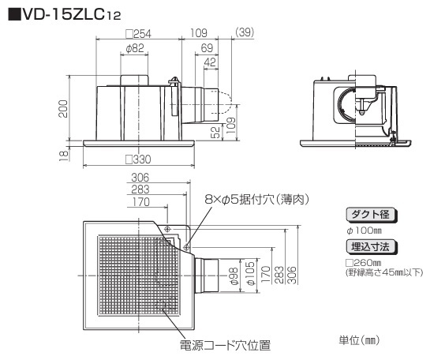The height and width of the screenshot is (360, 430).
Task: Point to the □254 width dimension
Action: (x=138, y=34)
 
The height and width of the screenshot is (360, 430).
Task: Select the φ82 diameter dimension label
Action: (x=135, y=49)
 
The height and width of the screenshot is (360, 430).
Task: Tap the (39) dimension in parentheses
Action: (x=245, y=32)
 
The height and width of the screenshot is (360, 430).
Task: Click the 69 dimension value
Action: (x=207, y=48)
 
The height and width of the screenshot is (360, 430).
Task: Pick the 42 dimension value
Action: (x=210, y=62)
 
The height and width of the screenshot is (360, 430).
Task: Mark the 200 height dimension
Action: (x=63, y=109)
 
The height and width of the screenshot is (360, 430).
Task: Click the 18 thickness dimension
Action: (x=64, y=156)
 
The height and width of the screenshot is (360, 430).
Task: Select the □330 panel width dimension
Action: (x=138, y=159)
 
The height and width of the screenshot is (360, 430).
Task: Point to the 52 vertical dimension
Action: (x=216, y=132)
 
